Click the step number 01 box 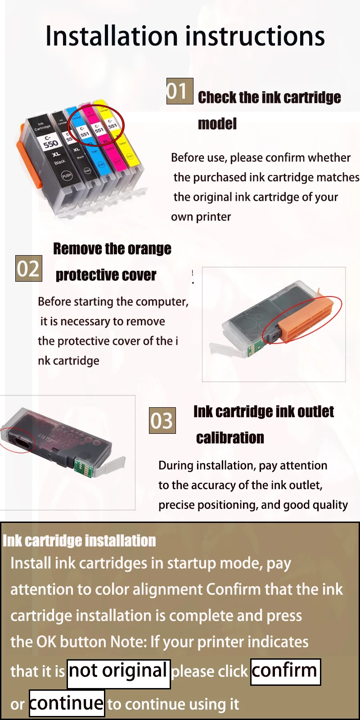[180, 91]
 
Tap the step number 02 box [29, 268]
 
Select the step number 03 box [162, 420]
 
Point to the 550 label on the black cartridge [51, 144]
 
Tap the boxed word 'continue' [67, 703]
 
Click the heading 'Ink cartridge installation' [79, 540]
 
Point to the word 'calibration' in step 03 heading [230, 438]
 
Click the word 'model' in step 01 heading [217, 124]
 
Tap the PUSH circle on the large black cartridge [67, 175]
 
